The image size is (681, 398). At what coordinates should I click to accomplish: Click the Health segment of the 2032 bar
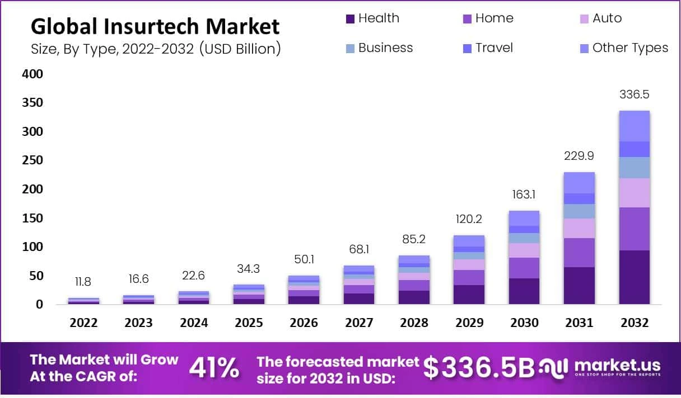(x=634, y=277)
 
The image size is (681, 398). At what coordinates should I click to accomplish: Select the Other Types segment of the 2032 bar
(x=634, y=126)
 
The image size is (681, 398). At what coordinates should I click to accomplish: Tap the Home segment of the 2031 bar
(x=579, y=253)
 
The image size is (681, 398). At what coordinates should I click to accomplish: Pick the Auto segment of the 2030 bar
(x=524, y=250)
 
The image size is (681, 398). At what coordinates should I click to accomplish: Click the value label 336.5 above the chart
(x=634, y=94)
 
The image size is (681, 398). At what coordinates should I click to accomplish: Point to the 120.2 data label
(x=469, y=219)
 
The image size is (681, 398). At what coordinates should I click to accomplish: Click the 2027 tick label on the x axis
(x=358, y=323)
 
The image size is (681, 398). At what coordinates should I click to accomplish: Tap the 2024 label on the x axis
(x=194, y=323)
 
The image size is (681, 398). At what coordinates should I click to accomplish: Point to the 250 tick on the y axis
(x=32, y=160)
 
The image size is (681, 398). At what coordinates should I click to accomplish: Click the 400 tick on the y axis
(x=32, y=74)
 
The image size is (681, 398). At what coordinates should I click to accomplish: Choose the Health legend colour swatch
(x=351, y=19)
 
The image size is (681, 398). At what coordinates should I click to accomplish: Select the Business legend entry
(x=385, y=48)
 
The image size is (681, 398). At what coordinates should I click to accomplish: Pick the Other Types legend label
(x=630, y=48)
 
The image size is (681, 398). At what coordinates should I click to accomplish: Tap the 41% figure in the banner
(x=214, y=368)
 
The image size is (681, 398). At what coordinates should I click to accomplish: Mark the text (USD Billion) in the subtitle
(x=240, y=49)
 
